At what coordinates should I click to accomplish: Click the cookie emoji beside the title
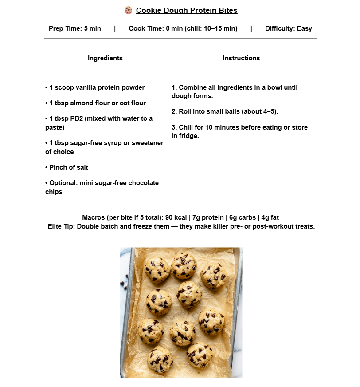tap(129, 10)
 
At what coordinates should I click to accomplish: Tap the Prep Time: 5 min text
tap(75, 28)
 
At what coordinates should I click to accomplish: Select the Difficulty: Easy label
tap(289, 28)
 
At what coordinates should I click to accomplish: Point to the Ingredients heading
tap(105, 58)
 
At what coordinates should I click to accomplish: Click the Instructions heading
tap(241, 58)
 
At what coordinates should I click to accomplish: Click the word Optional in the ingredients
tap(63, 183)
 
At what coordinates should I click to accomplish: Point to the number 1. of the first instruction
tap(174, 87)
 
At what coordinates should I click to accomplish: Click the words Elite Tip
tap(61, 226)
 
